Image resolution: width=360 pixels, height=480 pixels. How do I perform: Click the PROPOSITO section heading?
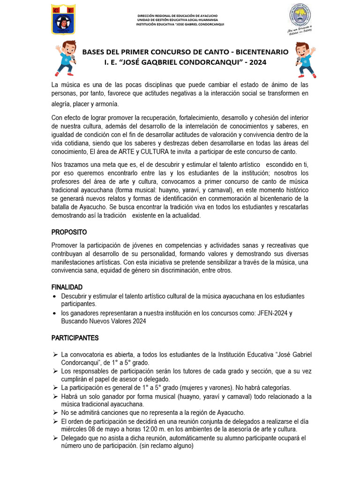point(69,232)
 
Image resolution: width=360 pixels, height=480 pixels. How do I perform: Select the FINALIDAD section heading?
point(67,287)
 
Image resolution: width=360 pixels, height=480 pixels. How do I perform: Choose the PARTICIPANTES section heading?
point(75,337)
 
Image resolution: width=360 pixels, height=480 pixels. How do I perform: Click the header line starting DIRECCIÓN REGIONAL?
point(180,16)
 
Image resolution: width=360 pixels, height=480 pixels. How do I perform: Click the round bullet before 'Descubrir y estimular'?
point(55,297)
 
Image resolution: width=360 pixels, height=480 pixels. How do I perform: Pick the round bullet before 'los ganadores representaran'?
point(55,314)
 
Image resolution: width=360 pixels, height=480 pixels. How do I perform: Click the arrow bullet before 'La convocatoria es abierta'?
point(55,354)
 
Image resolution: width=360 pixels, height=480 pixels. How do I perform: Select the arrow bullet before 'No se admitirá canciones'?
point(55,413)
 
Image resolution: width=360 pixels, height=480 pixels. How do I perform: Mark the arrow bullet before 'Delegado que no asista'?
point(55,438)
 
